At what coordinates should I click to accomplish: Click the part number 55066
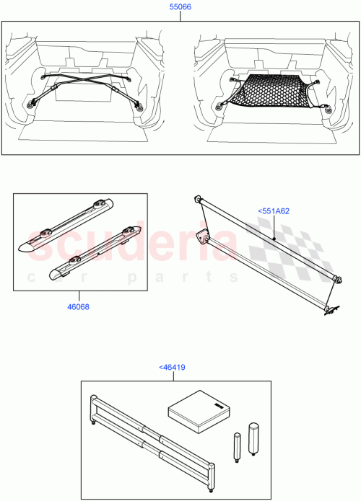point(180,6)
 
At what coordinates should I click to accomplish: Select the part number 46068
point(79,306)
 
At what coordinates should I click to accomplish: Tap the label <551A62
point(273,211)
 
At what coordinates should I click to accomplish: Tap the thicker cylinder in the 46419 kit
point(254,438)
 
